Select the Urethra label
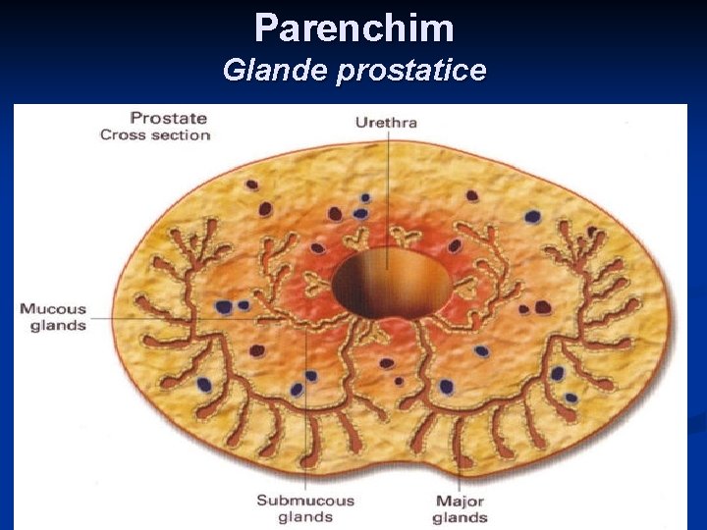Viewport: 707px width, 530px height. coord(386,123)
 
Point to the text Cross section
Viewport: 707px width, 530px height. coord(155,134)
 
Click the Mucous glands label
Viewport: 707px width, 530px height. coord(53,316)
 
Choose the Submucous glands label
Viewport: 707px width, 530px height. coord(304,507)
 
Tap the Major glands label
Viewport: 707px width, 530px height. coord(460,507)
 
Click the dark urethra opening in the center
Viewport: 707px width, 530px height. coord(391,283)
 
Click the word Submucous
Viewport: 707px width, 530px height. coord(304,500)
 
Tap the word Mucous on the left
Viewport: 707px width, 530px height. coord(53,308)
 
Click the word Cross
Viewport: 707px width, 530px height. coord(123,134)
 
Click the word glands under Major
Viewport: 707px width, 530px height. coord(460,516)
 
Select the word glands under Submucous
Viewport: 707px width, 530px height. coord(304,516)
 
